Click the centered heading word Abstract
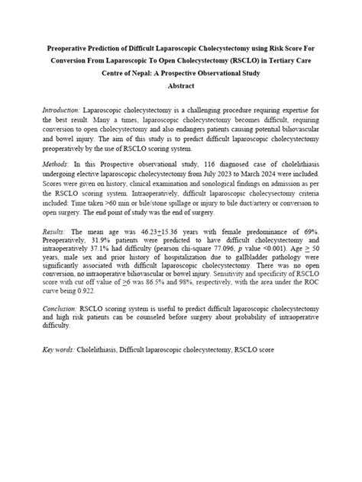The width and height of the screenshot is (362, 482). [180, 88]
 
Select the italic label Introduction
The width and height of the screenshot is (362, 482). [62, 111]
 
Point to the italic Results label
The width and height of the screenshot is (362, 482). [57, 230]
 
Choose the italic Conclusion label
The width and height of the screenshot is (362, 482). [62, 309]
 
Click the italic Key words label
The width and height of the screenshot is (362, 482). [59, 349]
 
